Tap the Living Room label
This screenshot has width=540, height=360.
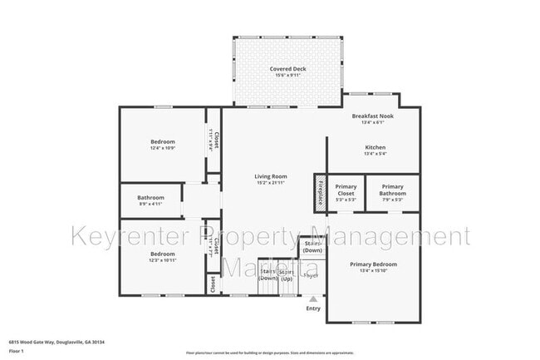click(x=270, y=176)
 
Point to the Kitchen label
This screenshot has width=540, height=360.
click(x=376, y=147)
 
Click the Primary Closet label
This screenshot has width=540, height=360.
click(x=346, y=190)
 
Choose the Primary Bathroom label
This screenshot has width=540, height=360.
click(x=392, y=190)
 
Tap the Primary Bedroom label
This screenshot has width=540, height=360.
click(x=373, y=264)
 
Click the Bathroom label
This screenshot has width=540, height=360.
click(x=151, y=197)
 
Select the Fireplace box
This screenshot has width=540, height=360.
click(x=319, y=192)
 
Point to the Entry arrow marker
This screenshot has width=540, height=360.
click(x=313, y=299)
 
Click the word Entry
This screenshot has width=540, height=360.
click(x=313, y=309)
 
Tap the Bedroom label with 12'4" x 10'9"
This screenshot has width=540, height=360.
click(x=163, y=141)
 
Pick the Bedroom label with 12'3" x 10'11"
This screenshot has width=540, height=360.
click(x=163, y=254)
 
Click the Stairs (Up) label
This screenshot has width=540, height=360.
click(x=287, y=275)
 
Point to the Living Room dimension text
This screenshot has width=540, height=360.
click(x=270, y=183)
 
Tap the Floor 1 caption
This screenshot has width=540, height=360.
click(x=16, y=352)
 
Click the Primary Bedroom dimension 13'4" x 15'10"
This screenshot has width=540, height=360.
click(x=373, y=270)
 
